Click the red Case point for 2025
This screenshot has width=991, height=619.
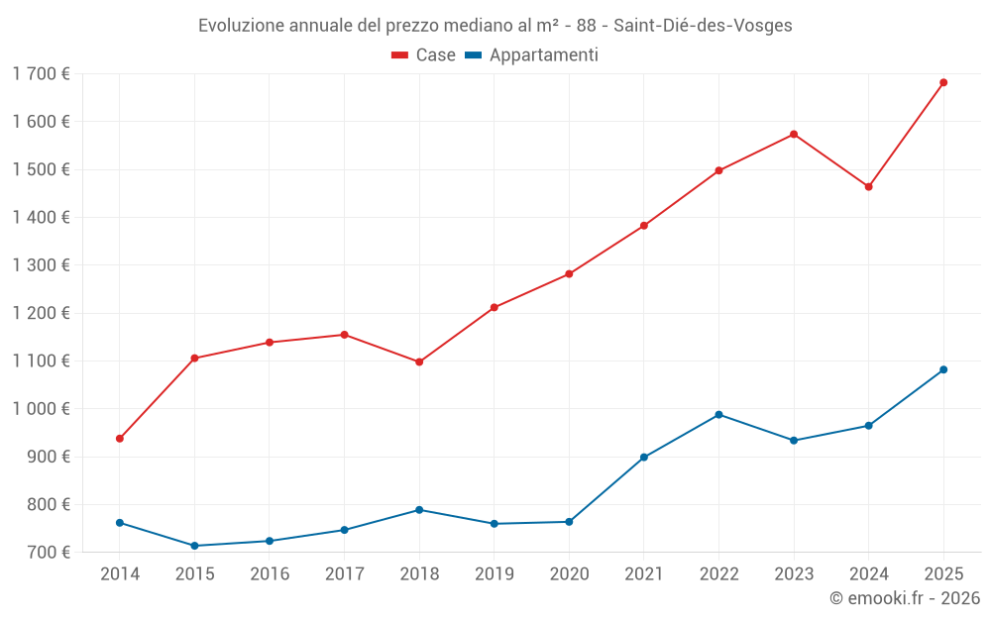click(943, 82)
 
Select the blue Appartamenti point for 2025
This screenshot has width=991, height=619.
click(943, 369)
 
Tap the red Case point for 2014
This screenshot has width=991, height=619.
click(120, 439)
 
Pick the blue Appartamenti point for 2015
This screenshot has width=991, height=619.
click(194, 546)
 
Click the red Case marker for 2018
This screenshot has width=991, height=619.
click(419, 362)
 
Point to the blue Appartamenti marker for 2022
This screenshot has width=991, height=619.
click(718, 415)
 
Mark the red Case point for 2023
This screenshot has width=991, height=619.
click(794, 135)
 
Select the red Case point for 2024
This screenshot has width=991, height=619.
click(868, 187)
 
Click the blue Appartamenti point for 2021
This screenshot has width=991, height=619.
click(644, 458)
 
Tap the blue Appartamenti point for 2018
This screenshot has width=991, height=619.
click(419, 510)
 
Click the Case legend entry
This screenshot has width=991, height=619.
click(424, 55)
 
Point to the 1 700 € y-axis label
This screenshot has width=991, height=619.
click(42, 74)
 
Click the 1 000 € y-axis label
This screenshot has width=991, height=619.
click(42, 409)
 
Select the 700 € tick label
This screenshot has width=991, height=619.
click(49, 553)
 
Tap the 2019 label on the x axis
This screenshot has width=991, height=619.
click(494, 574)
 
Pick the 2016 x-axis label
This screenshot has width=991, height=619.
click(270, 574)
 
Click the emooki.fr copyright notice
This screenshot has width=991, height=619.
click(904, 598)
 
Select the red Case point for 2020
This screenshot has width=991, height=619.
click(569, 274)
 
